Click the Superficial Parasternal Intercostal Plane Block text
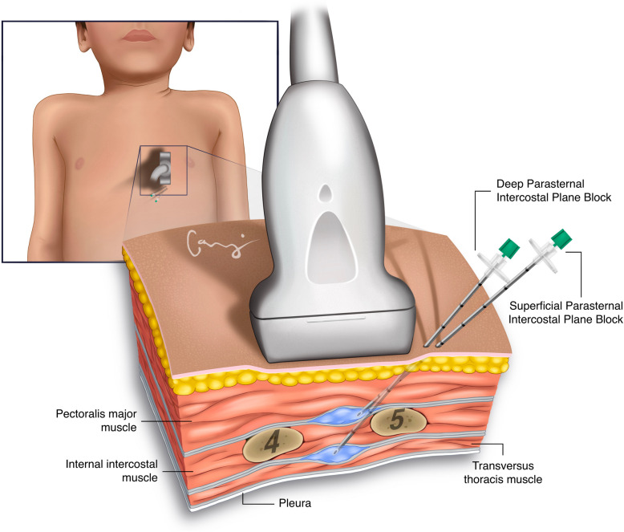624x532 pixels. coord(565,312)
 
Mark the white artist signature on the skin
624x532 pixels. coord(214,244)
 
